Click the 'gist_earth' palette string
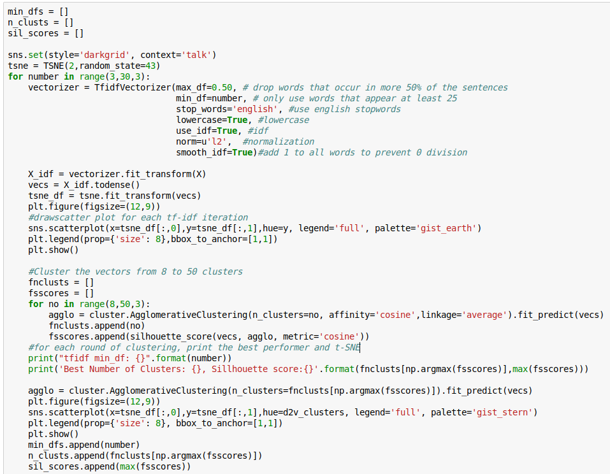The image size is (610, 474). click(x=448, y=228)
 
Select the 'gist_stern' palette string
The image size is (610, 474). click(x=504, y=412)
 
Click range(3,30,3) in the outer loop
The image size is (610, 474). click(x=105, y=76)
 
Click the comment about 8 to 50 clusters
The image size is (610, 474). click(x=135, y=271)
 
